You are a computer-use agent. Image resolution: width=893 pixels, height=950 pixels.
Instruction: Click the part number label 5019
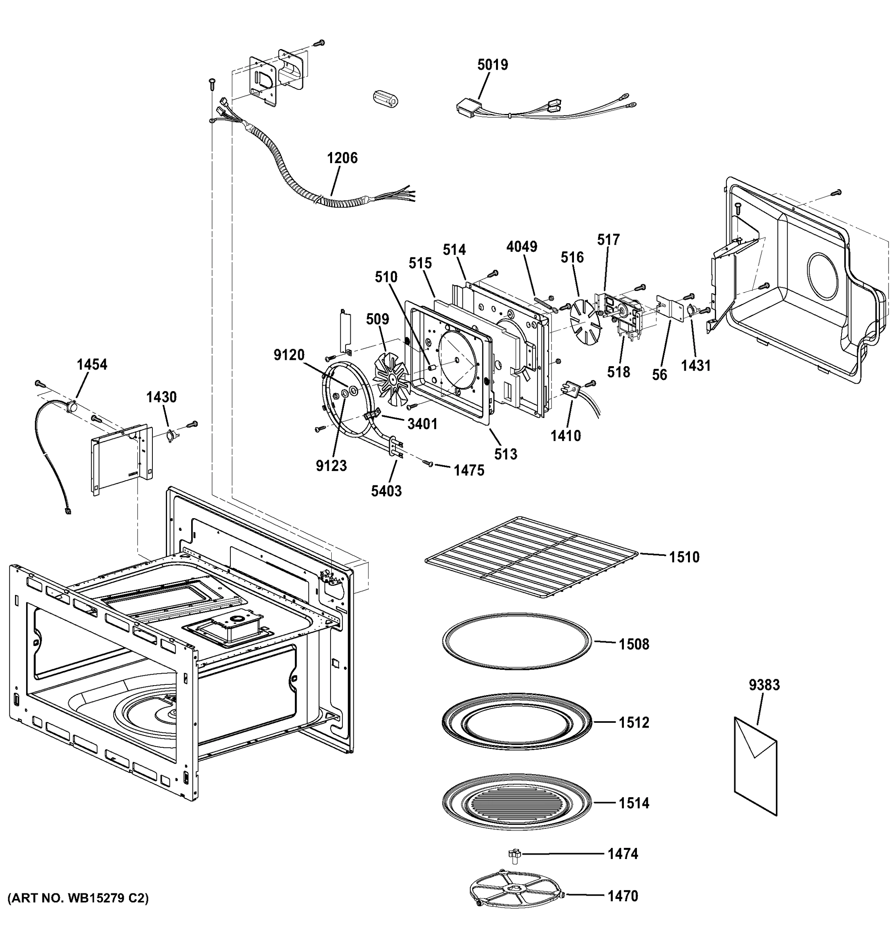(492, 65)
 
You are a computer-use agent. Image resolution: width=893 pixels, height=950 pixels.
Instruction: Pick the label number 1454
(92, 365)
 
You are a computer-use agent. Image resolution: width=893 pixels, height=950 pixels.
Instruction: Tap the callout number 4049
(522, 247)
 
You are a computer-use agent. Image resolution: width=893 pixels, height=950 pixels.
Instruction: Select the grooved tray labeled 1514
(517, 803)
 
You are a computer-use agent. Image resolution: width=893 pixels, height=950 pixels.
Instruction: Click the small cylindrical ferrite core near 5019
(385, 99)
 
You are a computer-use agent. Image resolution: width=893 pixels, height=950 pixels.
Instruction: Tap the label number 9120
(289, 355)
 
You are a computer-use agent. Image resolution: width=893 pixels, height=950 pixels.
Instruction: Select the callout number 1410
(566, 435)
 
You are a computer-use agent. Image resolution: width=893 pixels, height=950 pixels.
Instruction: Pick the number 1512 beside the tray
(634, 722)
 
